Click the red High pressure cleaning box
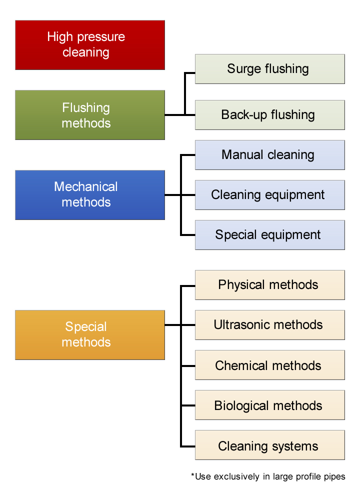point(90,45)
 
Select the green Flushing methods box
point(90,115)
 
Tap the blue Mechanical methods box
point(90,194)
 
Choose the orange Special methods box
point(90,334)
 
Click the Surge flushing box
point(269,69)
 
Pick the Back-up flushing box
point(269,115)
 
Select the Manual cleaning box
point(269,155)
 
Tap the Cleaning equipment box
point(269,195)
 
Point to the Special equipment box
point(269,235)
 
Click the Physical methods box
point(269,285)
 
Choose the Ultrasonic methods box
point(269,325)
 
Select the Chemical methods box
point(269,365)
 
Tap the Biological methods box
point(269,405)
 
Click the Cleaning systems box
point(269,446)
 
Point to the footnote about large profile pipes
point(268,476)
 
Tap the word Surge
point(242,69)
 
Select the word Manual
point(241,155)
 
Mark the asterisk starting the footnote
point(192,475)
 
